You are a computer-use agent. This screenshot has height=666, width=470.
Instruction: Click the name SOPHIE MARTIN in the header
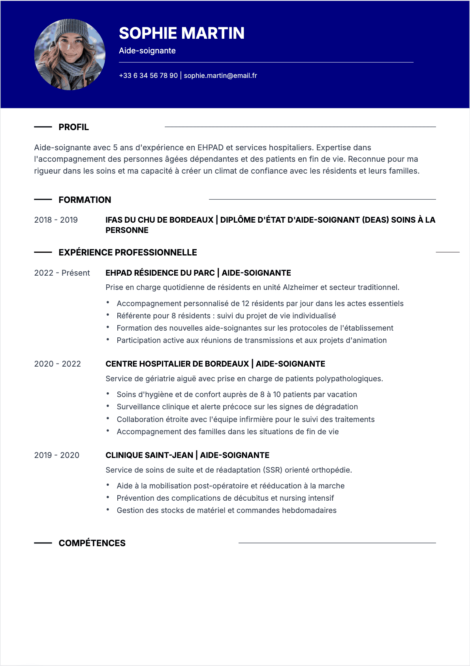pyautogui.click(x=182, y=33)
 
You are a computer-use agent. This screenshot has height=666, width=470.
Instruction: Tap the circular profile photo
pyautogui.click(x=70, y=55)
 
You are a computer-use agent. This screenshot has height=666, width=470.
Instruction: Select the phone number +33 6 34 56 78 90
pyautogui.click(x=149, y=76)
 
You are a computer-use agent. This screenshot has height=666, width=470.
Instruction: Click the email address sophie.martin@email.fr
pyautogui.click(x=220, y=76)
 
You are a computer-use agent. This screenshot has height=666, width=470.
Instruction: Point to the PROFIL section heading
pyautogui.click(x=74, y=127)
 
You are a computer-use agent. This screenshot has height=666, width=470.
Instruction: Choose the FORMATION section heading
pyautogui.click(x=85, y=200)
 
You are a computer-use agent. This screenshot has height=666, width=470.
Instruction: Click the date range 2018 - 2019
pyautogui.click(x=56, y=220)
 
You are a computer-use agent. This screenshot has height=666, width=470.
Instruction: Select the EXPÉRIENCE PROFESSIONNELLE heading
pyautogui.click(x=128, y=253)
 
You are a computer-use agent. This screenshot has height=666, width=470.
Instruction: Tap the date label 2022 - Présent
pyautogui.click(x=62, y=273)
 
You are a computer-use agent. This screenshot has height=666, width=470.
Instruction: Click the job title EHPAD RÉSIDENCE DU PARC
pyautogui.click(x=160, y=273)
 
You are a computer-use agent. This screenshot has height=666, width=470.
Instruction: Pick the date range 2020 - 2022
pyautogui.click(x=58, y=364)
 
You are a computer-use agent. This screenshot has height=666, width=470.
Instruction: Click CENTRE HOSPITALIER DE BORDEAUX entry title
pyautogui.click(x=177, y=364)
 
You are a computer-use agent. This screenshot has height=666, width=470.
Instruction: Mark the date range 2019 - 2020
pyautogui.click(x=57, y=455)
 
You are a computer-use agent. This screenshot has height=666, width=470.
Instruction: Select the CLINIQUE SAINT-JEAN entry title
pyautogui.click(x=149, y=455)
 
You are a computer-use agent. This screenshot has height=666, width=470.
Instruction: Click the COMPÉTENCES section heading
pyautogui.click(x=92, y=543)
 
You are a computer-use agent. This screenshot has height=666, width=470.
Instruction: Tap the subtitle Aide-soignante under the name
pyautogui.click(x=147, y=51)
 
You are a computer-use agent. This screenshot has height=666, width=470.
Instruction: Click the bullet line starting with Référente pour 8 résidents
pyautogui.click(x=226, y=316)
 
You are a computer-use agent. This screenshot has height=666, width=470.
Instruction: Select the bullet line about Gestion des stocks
pyautogui.click(x=227, y=510)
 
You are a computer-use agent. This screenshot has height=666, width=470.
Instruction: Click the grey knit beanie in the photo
pyautogui.click(x=70, y=29)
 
